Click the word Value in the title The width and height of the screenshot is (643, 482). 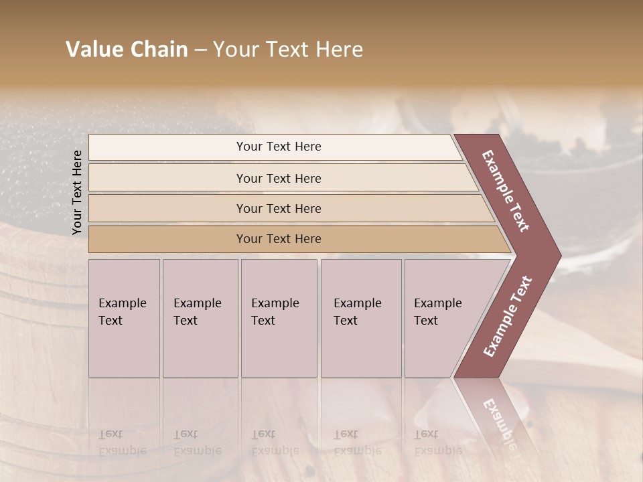pyautogui.click(x=94, y=50)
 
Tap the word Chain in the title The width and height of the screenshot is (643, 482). pyautogui.click(x=158, y=50)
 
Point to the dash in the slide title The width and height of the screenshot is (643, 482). pyautogui.click(x=200, y=50)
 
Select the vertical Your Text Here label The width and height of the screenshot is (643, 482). pyautogui.click(x=77, y=192)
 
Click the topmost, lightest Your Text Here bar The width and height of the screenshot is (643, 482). pyautogui.click(x=278, y=147)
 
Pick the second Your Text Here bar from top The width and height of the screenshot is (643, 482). pyautogui.click(x=278, y=178)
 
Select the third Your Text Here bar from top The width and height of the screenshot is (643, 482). pyautogui.click(x=278, y=208)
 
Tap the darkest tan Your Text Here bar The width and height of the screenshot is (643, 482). pyautogui.click(x=278, y=239)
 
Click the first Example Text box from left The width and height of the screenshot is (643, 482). pyautogui.click(x=124, y=318)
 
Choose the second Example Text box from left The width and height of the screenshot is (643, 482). pyautogui.click(x=200, y=318)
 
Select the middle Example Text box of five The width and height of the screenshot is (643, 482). pyautogui.click(x=278, y=318)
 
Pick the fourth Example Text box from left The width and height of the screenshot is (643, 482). pyautogui.click(x=360, y=318)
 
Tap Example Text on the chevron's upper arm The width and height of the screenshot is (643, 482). pyautogui.click(x=506, y=190)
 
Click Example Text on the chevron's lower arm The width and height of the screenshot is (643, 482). pyautogui.click(x=508, y=316)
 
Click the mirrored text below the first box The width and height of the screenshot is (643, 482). pyautogui.click(x=122, y=443)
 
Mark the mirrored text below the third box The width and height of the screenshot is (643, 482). pyautogui.click(x=275, y=443)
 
